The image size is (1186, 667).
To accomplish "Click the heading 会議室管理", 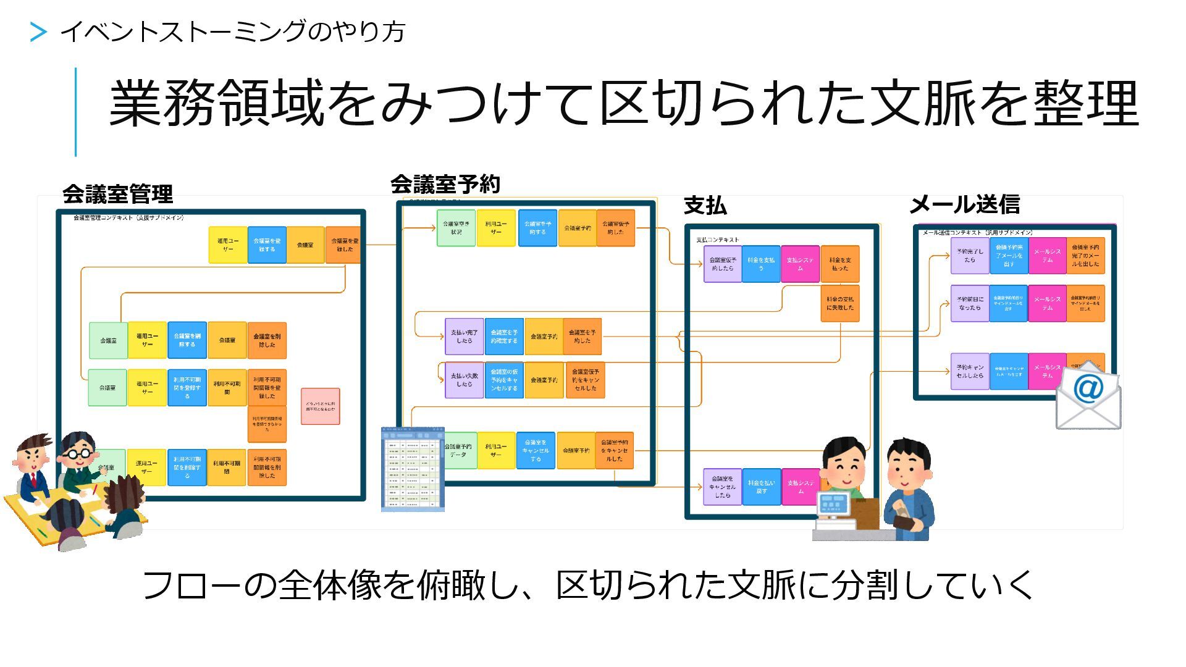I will pyautogui.click(x=117, y=195).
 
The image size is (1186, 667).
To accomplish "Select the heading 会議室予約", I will pyautogui.click(x=445, y=184).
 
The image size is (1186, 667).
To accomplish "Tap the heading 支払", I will pyautogui.click(x=705, y=206).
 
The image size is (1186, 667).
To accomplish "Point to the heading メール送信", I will pyautogui.click(x=964, y=204).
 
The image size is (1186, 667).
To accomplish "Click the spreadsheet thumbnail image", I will pyautogui.click(x=412, y=469).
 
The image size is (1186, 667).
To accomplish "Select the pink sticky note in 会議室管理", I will pyautogui.click(x=320, y=406).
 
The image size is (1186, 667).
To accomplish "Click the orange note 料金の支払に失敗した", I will pyautogui.click(x=840, y=303).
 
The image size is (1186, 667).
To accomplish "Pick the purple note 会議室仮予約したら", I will pyautogui.click(x=722, y=264).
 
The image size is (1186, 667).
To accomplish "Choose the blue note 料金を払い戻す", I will pyautogui.click(x=761, y=487).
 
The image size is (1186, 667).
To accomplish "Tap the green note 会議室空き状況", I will pyautogui.click(x=456, y=228).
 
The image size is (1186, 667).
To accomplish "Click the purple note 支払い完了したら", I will pyautogui.click(x=464, y=337).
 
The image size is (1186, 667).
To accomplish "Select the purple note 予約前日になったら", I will pyautogui.click(x=970, y=303).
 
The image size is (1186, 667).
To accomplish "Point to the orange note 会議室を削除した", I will pyautogui.click(x=267, y=340).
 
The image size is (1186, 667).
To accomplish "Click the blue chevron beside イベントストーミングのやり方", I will pyautogui.click(x=38, y=32).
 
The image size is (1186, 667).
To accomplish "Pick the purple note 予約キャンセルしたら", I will pyautogui.click(x=970, y=371).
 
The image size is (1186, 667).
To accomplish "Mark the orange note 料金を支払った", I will pyautogui.click(x=840, y=264).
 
